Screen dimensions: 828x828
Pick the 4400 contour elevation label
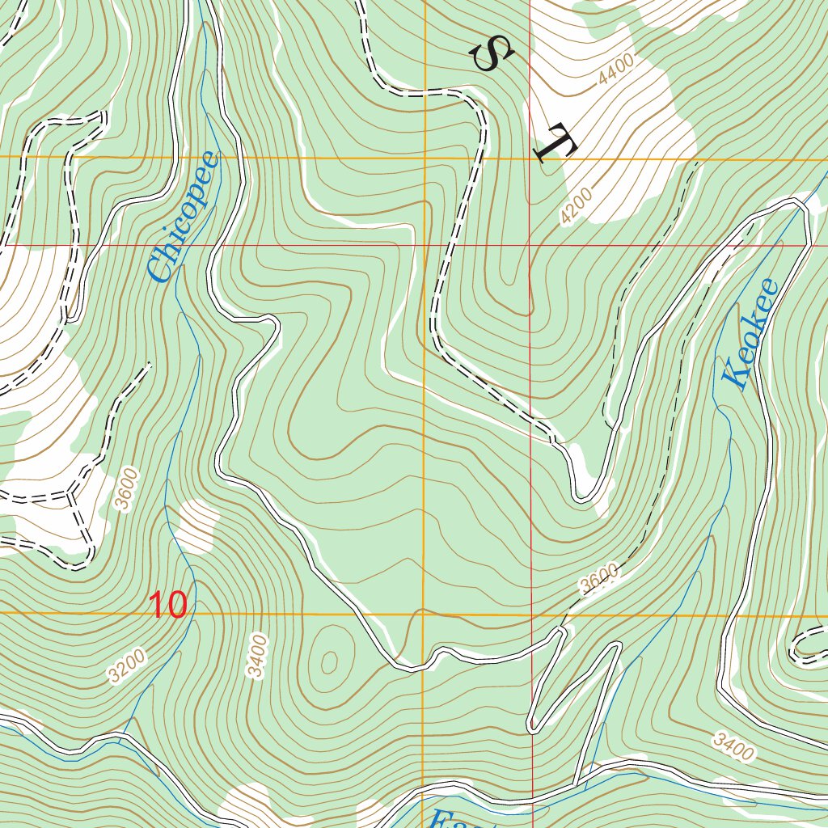coord(619,72)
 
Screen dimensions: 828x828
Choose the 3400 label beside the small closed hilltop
coord(258,656)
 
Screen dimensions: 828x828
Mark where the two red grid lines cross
coord(530,244)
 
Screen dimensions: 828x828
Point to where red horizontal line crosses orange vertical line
coord(425,244)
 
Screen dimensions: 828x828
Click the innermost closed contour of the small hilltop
coord(329,662)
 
